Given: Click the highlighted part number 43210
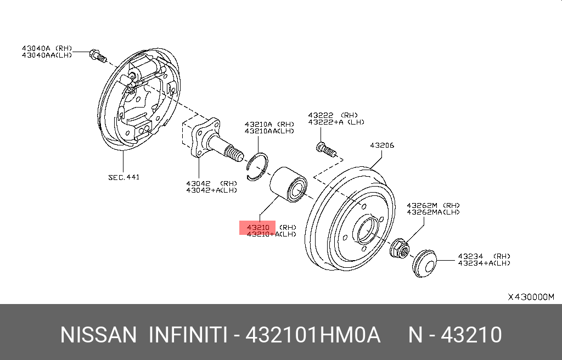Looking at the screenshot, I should tap(257, 227).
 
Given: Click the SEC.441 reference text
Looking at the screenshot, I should tap(123, 177).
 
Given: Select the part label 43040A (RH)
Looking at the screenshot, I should tap(47, 48).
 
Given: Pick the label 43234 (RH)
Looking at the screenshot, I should tap(484, 256).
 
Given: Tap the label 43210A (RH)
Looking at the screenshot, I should tap(269, 124).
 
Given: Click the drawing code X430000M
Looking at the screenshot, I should tap(531, 297).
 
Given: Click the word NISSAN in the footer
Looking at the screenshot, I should tap(98, 335).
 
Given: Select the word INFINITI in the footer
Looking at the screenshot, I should tap(188, 335).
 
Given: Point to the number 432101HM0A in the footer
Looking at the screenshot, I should tap(312, 335).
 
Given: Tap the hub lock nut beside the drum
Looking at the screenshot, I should tap(399, 249).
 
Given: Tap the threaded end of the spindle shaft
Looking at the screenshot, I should tap(234, 154).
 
